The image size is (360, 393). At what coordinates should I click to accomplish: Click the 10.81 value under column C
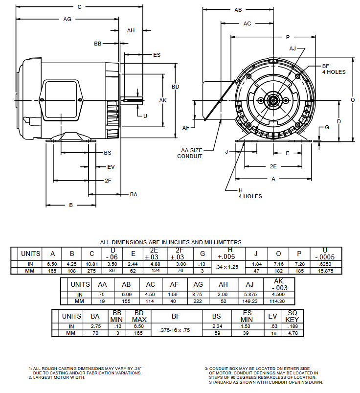(x=91, y=264)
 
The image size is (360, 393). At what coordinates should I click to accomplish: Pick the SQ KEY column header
(x=292, y=316)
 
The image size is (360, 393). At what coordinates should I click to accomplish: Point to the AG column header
(x=199, y=284)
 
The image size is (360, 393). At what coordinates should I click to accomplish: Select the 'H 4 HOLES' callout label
(x=250, y=193)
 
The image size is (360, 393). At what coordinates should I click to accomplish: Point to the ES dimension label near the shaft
(x=157, y=55)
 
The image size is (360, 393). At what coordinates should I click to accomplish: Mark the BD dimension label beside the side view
(x=175, y=87)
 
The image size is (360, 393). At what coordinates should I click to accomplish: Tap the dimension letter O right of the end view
(x=353, y=99)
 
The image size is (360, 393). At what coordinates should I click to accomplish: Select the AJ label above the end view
(x=292, y=48)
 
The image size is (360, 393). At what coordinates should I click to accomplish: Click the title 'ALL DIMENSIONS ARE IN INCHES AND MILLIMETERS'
(x=171, y=242)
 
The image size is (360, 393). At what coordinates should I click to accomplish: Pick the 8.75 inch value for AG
(x=199, y=295)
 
